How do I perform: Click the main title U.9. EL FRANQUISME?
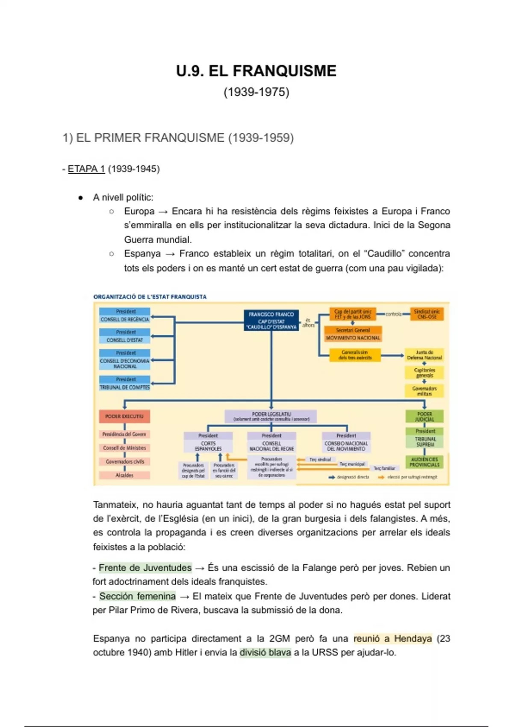256,71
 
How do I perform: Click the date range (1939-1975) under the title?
256,92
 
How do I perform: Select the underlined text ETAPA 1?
86,169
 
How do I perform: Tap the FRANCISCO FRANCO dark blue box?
271,320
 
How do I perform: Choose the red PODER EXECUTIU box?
124,416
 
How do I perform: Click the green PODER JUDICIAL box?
424,417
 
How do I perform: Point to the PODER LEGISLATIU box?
271,417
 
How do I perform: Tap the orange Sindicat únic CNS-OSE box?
427,314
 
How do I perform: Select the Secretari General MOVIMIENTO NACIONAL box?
353,334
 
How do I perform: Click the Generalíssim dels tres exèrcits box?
355,355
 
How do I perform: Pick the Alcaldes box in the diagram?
124,475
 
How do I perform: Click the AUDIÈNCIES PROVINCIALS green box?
424,462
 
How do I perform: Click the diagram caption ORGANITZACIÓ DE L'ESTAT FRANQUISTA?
150,297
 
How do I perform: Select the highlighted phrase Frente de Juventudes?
145,568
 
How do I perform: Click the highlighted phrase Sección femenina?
137,596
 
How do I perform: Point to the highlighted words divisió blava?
265,653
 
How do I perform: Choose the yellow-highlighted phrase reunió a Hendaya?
392,638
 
